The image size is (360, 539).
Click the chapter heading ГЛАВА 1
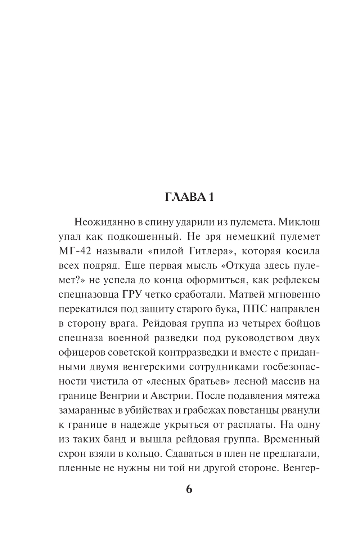click(189, 197)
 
